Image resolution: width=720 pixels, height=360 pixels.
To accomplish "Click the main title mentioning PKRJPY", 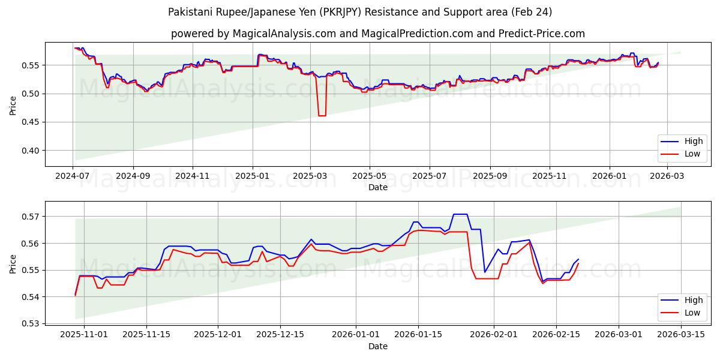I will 360,12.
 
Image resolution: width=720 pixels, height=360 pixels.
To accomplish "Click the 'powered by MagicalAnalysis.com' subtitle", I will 378,34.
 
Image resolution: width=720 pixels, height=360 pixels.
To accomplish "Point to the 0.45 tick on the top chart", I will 31,122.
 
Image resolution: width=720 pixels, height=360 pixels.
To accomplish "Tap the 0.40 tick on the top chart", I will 31,151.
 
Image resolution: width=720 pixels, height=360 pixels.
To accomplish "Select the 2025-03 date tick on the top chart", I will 310,176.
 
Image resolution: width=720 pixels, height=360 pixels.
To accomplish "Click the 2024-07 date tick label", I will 73,176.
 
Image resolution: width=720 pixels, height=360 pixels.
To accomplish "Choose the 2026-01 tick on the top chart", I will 609,176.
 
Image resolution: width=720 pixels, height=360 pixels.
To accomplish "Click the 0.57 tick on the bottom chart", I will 31,216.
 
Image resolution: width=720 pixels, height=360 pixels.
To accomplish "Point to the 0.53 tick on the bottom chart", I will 31,324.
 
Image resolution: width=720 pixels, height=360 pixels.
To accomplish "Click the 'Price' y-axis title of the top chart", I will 13,105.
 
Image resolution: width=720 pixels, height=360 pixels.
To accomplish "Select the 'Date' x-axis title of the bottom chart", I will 378,346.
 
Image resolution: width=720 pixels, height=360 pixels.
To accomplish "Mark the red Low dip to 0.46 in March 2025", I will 322,115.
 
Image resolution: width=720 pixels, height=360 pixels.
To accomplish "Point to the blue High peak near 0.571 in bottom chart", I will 460,214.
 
